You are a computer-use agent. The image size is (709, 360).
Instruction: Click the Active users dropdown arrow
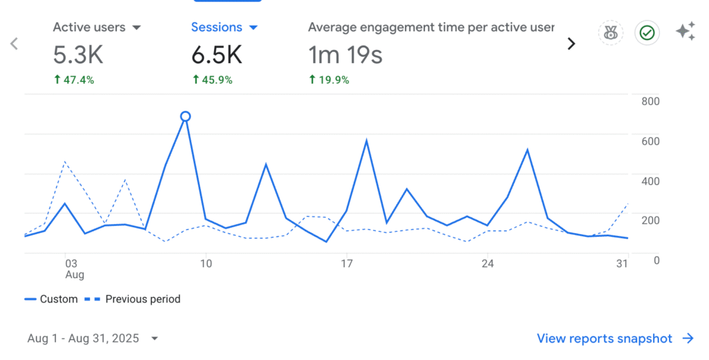pos(136,28)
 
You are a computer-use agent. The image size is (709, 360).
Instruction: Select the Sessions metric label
pos(216,28)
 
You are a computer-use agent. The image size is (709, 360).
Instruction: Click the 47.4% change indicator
pos(74,80)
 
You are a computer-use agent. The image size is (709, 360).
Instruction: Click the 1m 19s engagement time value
pos(345,55)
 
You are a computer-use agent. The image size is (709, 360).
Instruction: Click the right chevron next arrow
pos(571,44)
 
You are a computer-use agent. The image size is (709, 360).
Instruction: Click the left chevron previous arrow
pos(14,44)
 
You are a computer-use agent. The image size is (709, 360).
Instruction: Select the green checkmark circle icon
pos(647,33)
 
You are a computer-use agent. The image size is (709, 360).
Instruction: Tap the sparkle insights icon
pos(685,32)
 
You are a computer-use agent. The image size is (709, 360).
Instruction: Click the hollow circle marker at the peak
pos(185,116)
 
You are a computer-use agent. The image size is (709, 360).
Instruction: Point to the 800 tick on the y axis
pos(650,101)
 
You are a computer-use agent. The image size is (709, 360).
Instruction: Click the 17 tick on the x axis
pos(346,264)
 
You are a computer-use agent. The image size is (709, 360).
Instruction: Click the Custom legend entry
pos(51,299)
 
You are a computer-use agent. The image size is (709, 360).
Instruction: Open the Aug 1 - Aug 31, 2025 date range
pos(92,339)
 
